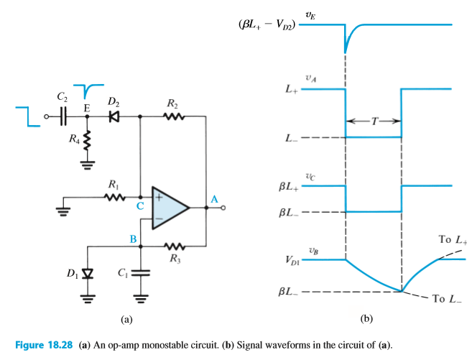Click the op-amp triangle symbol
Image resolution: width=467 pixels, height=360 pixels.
(168, 208)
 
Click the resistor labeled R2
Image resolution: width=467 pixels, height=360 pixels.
(172, 115)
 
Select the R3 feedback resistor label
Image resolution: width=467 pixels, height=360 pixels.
(173, 259)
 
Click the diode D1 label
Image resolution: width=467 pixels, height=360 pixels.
(72, 274)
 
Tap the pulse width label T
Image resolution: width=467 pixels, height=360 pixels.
(374, 121)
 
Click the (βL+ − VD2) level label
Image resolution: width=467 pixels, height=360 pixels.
(267, 24)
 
